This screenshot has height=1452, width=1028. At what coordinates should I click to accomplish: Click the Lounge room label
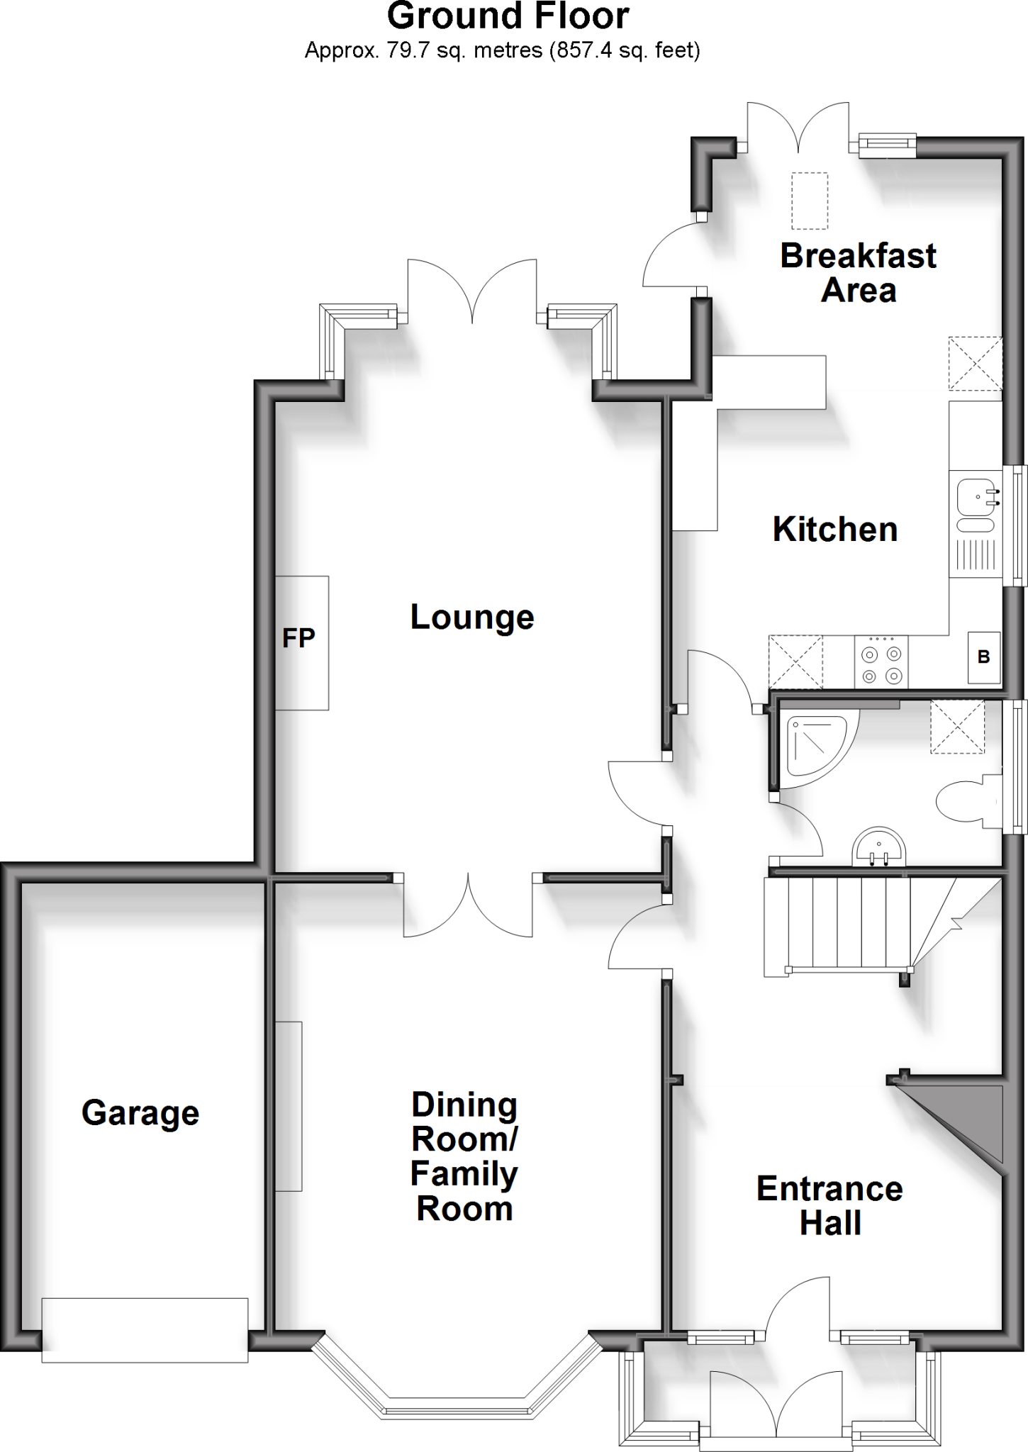[x=471, y=618]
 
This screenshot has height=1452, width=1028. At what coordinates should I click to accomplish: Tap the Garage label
[x=140, y=1112]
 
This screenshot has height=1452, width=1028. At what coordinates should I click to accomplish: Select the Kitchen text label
[x=834, y=530]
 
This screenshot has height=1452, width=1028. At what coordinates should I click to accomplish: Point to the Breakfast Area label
[x=858, y=273]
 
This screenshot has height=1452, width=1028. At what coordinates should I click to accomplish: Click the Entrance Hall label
[x=829, y=1205]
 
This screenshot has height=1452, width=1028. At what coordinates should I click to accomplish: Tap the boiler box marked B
[x=983, y=657]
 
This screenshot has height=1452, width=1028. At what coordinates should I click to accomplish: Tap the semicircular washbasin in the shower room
[x=879, y=847]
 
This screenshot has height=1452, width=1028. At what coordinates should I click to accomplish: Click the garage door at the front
[x=145, y=1329]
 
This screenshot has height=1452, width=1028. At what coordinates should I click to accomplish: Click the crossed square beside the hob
[x=795, y=661]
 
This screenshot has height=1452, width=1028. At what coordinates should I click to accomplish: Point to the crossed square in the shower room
[x=957, y=727]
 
